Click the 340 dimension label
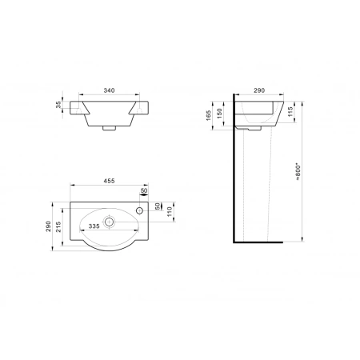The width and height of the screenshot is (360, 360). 109,90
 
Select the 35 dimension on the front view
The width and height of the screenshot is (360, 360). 58,105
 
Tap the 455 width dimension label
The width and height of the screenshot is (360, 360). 109,181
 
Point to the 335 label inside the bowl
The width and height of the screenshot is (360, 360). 94,226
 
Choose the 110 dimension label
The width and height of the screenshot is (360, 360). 170,212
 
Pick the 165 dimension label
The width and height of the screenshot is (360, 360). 209,115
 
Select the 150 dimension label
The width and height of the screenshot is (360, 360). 219,114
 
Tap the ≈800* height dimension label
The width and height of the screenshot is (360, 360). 298,172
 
